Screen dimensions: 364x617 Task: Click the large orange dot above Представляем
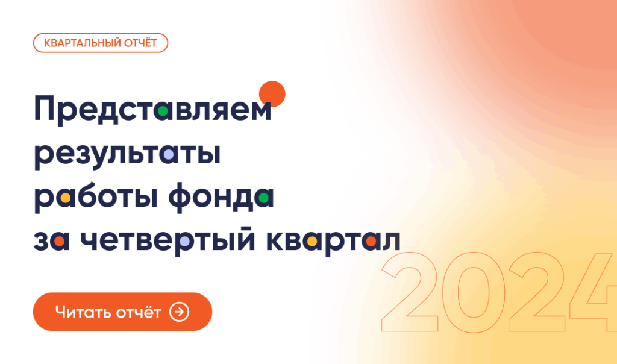271,93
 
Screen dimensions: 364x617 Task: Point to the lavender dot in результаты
170,154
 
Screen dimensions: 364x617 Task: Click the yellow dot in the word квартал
312,241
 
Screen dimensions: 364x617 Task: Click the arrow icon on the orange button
180,312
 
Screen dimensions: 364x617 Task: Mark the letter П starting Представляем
48,110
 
